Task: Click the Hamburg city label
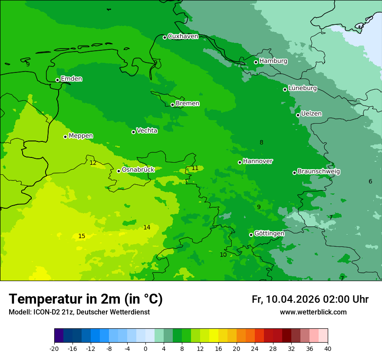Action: [x=273, y=61]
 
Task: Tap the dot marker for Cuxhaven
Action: [x=165, y=37]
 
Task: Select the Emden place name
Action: [x=71, y=79]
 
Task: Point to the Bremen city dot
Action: [x=172, y=105]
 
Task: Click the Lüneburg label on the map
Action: [x=302, y=88]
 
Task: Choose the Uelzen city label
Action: [x=311, y=114]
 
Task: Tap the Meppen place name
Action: [x=81, y=136]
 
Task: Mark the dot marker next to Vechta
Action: [x=134, y=132]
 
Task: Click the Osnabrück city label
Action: [x=138, y=170]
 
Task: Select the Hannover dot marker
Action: [x=240, y=162]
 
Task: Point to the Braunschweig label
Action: [x=319, y=171]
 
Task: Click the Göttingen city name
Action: [x=269, y=233]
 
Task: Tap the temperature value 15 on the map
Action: [x=82, y=236]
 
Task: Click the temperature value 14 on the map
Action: [x=147, y=227]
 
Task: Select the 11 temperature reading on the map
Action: [x=195, y=168]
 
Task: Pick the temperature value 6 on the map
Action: [x=370, y=181]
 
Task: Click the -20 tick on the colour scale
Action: [x=54, y=348]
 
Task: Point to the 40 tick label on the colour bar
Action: [x=328, y=348]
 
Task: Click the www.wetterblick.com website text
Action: [x=313, y=312]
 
